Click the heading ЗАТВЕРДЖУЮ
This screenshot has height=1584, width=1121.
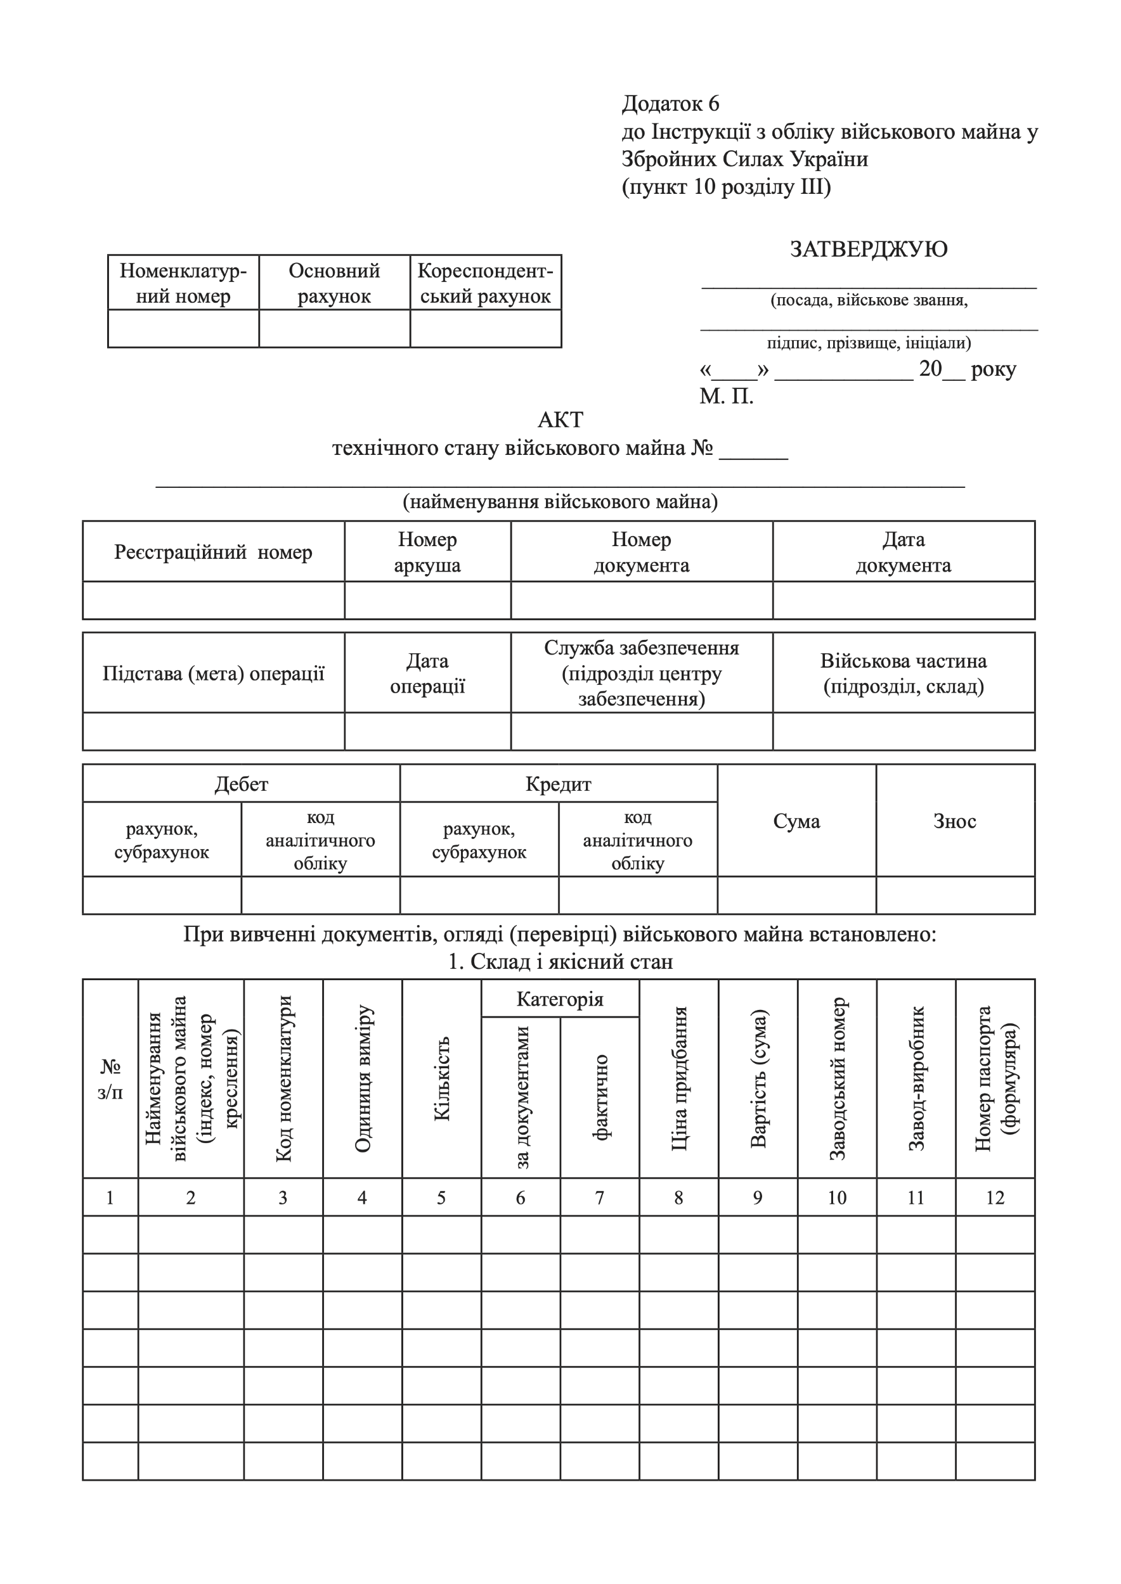(869, 249)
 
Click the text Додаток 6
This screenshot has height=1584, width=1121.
(670, 103)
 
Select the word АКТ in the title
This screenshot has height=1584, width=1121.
(560, 419)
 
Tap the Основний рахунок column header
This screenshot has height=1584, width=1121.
(334, 283)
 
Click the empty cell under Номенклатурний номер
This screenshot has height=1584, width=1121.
(183, 328)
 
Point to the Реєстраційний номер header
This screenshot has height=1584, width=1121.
(213, 552)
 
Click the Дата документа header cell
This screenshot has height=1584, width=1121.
(903, 552)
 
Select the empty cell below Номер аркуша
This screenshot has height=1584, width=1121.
(427, 600)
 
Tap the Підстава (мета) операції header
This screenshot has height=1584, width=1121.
(213, 674)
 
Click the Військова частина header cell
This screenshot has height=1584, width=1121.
(903, 674)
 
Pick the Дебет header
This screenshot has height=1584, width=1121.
(241, 784)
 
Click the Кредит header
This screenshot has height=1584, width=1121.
(558, 784)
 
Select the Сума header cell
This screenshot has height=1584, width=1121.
(796, 821)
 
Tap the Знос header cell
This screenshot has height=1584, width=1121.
(955, 821)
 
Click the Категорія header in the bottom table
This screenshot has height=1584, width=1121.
(560, 999)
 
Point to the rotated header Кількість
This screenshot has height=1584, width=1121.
(442, 1078)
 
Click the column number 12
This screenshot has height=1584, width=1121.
(995, 1198)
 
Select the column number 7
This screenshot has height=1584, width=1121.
(599, 1198)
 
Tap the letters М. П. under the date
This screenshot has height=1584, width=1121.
(726, 397)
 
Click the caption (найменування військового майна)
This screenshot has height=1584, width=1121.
(560, 502)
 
